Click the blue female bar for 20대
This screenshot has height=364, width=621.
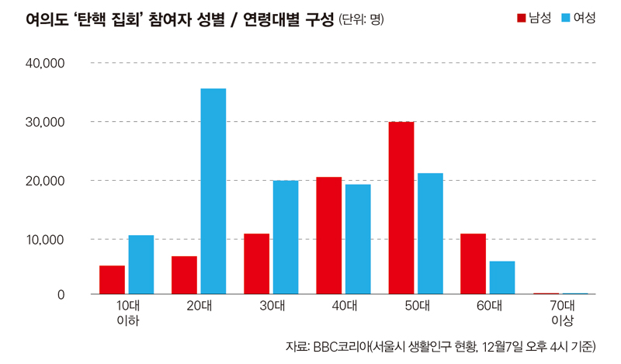coord(213,191)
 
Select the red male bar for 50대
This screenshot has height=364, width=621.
coord(401,208)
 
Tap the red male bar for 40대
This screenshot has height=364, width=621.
coord(328,236)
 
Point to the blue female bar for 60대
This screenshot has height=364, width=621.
coord(502,278)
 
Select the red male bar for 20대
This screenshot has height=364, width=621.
coord(184,276)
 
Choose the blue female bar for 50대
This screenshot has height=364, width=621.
coord(430,234)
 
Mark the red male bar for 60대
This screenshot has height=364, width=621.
coord(473,264)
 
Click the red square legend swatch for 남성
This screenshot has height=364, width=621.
coord(522,18)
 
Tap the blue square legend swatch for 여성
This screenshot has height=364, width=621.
coord(566,18)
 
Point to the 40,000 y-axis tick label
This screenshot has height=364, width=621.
coord(47,63)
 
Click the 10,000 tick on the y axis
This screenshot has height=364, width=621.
coord(47,239)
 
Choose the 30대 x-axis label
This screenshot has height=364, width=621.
coord(272,307)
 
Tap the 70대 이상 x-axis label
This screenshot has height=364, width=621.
coord(561,313)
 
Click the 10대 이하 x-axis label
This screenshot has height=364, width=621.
coord(127,313)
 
